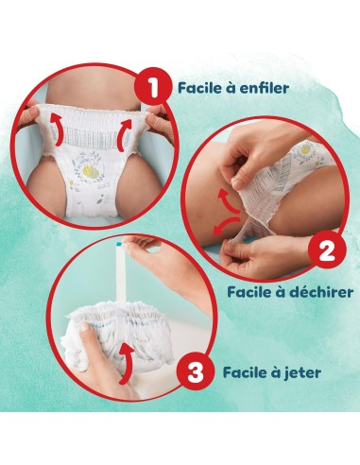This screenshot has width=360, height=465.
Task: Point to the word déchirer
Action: (x=317, y=292)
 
